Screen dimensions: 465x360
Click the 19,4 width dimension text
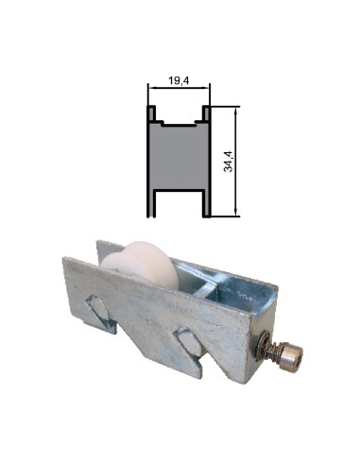tap(178, 82)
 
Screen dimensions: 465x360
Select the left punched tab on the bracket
tap(97, 307)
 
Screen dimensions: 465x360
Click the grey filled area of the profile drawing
tap(178, 161)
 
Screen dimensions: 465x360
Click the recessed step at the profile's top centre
tap(178, 123)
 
